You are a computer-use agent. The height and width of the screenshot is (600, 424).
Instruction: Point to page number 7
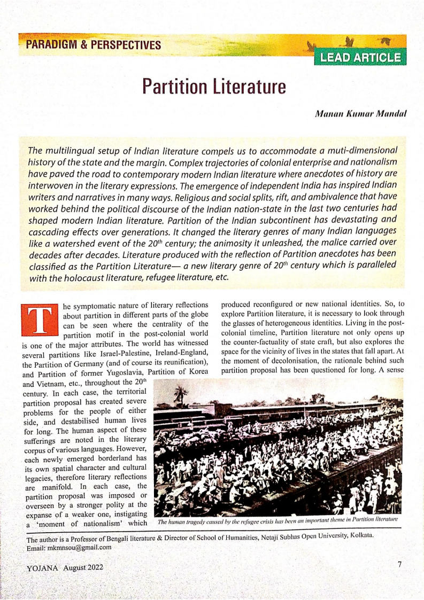[x=399, y=565]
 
